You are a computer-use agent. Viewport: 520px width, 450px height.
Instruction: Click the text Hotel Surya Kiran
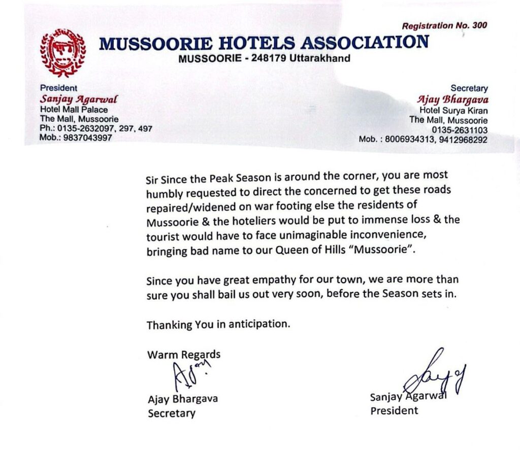tap(453, 110)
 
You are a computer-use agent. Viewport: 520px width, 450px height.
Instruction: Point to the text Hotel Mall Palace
tap(74, 109)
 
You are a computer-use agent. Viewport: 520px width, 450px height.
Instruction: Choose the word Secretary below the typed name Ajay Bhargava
tap(171, 413)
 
